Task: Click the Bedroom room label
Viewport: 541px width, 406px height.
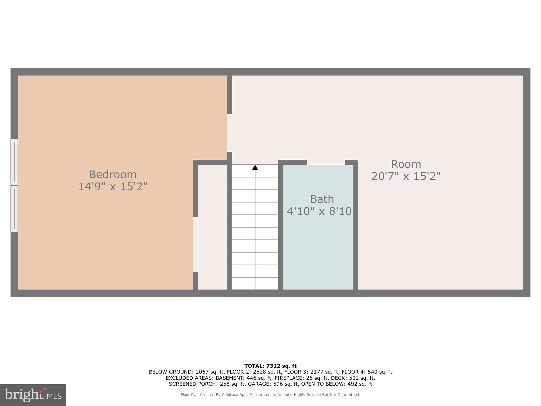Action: [113, 175]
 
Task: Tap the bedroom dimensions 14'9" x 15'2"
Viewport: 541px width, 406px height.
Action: [113, 187]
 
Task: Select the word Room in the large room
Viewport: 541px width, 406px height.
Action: [406, 164]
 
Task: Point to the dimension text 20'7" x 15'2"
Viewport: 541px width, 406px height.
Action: [406, 176]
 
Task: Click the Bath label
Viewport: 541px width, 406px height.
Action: [321, 199]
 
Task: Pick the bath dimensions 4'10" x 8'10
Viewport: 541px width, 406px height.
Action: [319, 211]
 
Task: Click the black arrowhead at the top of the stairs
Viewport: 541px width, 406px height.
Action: [255, 167]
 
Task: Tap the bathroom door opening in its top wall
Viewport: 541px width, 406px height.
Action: [326, 162]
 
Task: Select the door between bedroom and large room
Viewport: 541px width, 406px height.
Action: [229, 133]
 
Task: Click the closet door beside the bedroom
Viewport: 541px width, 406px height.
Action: [195, 244]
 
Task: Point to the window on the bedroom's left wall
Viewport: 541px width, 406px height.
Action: [14, 185]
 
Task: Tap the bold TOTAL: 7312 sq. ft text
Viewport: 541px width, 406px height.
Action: [270, 366]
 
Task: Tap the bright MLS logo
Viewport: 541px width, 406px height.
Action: [33, 395]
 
